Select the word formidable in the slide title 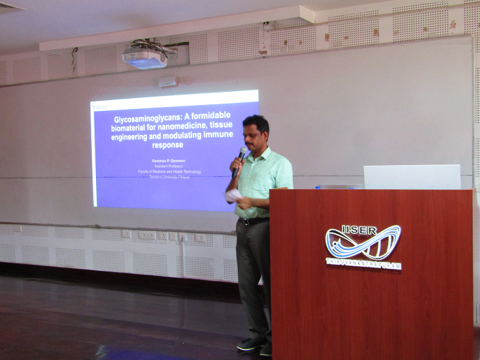tap(217, 119)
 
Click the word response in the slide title tap(165, 145)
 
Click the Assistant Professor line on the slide tap(168, 166)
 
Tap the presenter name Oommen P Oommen tap(168, 160)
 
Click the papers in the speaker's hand tap(234, 195)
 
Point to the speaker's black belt tap(254, 221)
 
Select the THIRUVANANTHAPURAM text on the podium tap(363, 263)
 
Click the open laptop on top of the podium tap(411, 177)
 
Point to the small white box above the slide tap(167, 82)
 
